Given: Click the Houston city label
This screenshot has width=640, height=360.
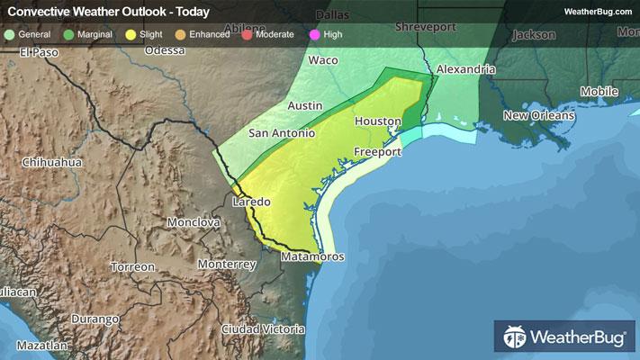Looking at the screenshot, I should coord(376,121).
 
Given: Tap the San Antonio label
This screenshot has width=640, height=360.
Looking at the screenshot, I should coord(282,133).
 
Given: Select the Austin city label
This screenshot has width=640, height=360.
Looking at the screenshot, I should coord(304,105).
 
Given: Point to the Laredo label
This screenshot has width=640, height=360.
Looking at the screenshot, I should coord(251,202).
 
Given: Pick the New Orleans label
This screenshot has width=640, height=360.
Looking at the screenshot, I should coord(538,115).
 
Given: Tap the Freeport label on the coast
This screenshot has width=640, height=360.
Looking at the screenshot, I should coord(376,152).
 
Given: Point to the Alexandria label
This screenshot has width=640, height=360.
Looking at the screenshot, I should coord(465,69).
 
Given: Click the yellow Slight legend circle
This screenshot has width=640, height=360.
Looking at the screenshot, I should coord(131,33).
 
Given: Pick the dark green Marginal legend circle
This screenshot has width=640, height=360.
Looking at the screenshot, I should coord(69,33).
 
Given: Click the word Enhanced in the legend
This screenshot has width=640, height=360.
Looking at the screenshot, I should coord(209,33).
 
